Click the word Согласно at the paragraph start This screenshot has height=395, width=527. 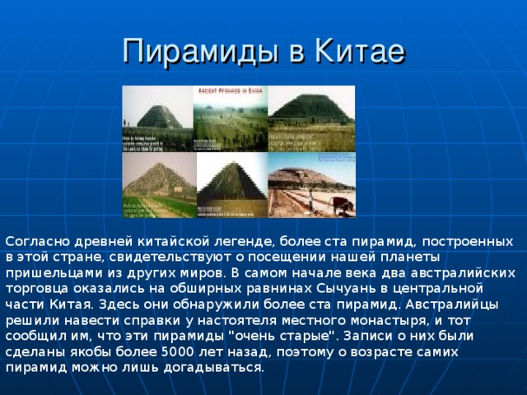(x=33, y=241)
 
